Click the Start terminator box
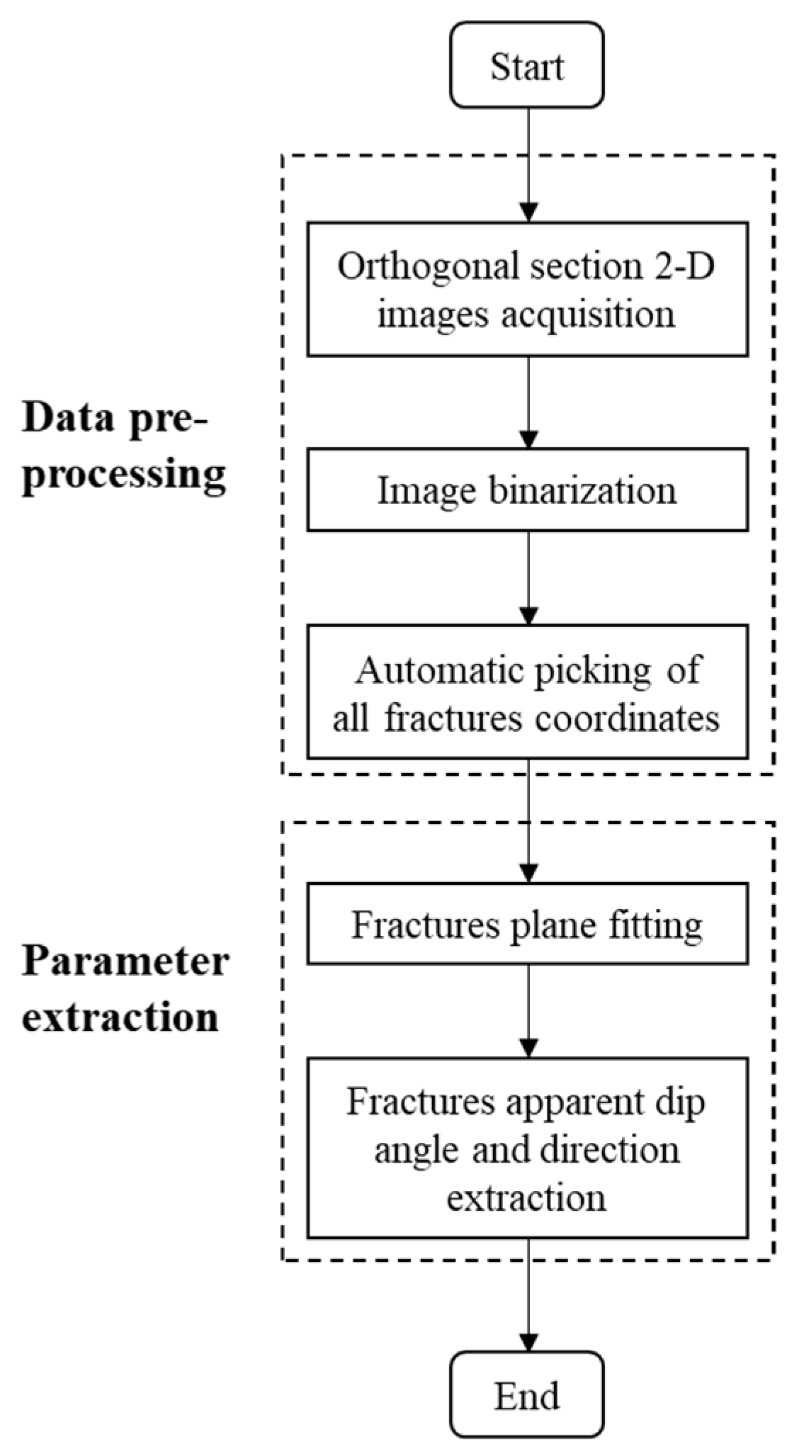point(527,65)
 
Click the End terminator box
point(527,1394)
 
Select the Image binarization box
point(527,489)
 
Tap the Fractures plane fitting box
point(527,923)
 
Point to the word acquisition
point(589,313)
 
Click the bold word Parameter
point(125,962)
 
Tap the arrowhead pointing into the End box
point(528,1343)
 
